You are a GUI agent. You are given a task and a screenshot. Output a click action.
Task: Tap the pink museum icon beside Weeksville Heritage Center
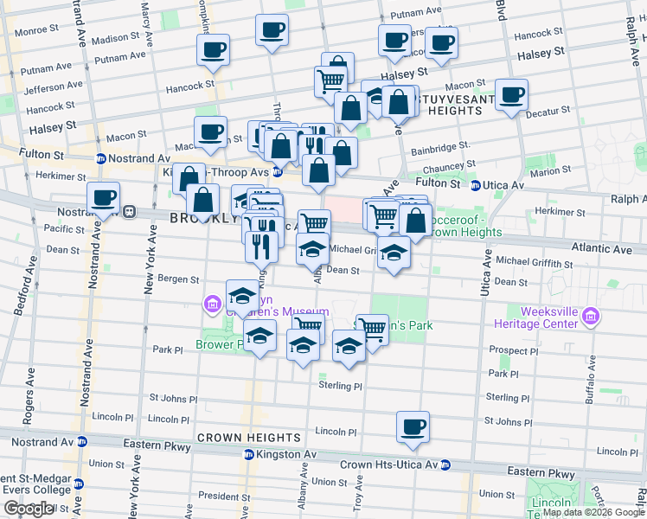click(592, 317)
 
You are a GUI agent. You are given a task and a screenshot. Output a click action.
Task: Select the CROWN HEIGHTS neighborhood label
click(236, 438)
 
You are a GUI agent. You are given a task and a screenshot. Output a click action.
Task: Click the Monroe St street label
click(36, 29)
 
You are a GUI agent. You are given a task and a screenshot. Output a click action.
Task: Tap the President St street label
click(224, 496)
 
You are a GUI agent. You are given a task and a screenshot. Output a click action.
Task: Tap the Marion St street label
click(546, 172)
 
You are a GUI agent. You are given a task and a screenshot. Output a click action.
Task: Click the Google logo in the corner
click(29, 509)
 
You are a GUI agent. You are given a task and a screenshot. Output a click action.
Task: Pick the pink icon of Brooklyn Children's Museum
click(211, 304)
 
